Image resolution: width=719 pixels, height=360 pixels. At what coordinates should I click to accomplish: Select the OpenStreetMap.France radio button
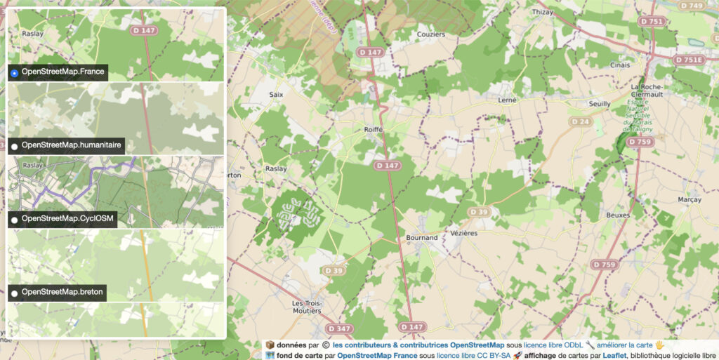15,73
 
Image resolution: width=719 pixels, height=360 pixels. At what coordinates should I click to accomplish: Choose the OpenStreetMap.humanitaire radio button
15,146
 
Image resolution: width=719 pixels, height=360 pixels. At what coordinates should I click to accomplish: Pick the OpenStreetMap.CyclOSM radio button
15,220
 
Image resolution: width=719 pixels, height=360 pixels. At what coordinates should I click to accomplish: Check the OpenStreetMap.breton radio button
15,293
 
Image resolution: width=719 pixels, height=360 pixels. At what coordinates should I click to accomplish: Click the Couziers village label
430,34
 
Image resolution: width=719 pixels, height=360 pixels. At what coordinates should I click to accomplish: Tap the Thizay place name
543,12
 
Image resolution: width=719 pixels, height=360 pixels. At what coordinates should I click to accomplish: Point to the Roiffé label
373,130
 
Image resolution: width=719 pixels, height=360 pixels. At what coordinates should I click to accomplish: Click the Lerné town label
507,100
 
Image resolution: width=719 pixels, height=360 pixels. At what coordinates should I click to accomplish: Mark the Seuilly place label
599,104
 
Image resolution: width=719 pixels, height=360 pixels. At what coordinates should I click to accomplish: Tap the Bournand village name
422,238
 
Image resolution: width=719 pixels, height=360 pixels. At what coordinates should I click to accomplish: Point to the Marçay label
689,199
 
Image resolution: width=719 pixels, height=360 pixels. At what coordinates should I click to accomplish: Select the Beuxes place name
618,215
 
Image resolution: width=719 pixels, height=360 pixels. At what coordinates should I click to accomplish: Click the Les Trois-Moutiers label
308,307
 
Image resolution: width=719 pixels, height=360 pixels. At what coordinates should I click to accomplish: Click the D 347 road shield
339,328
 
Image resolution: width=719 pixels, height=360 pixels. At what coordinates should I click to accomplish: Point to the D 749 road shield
692,6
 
